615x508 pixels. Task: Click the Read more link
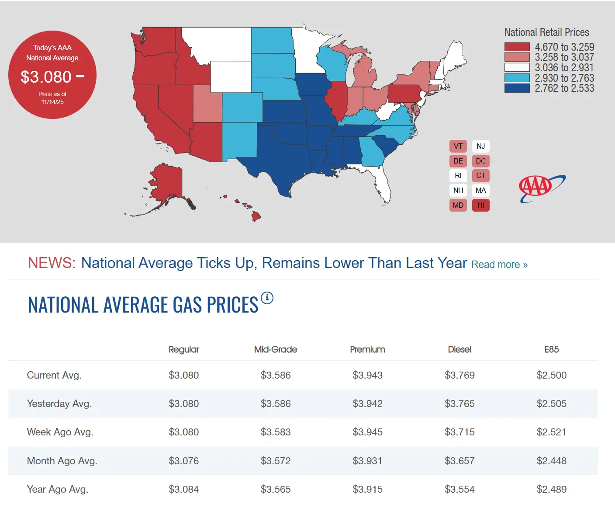(x=499, y=264)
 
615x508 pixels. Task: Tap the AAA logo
(x=542, y=188)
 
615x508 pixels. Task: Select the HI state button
(x=480, y=205)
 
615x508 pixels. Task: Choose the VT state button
(x=458, y=146)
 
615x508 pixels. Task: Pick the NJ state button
(x=480, y=146)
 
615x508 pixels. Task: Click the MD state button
(x=458, y=205)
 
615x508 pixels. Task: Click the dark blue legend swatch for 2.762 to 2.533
(x=517, y=88)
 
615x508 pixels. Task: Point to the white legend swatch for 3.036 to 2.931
(x=517, y=68)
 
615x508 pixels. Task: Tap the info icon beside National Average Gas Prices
(x=267, y=298)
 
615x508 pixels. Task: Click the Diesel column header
(x=460, y=349)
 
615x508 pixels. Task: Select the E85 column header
(x=551, y=349)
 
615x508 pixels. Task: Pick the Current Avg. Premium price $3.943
(x=367, y=375)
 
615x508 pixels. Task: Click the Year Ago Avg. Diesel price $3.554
(x=460, y=489)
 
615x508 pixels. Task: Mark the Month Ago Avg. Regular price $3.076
(x=183, y=461)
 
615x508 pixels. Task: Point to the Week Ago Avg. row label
(x=60, y=432)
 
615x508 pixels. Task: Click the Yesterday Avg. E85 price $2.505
(x=551, y=404)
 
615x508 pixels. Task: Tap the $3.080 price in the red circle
(x=46, y=77)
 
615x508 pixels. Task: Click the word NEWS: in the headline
(x=52, y=263)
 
